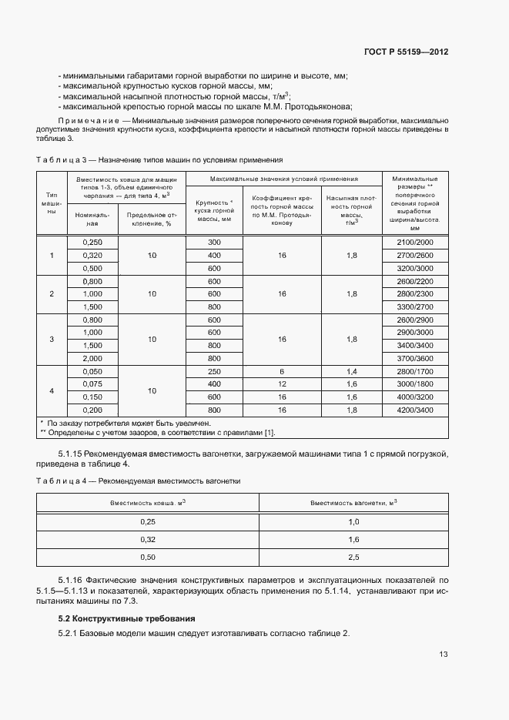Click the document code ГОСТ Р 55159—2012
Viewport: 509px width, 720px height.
(x=407, y=52)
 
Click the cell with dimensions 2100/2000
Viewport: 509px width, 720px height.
(x=415, y=242)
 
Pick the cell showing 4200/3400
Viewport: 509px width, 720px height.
(x=415, y=410)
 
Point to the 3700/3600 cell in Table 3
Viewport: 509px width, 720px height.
(x=415, y=358)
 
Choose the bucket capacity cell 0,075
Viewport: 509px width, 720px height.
(x=92, y=383)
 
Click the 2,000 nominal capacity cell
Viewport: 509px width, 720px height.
(x=92, y=358)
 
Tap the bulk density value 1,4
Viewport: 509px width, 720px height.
(x=352, y=371)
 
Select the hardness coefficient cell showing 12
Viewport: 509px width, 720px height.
(x=282, y=383)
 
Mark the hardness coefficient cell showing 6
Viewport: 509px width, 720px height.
(x=282, y=371)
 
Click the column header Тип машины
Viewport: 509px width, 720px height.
(x=52, y=203)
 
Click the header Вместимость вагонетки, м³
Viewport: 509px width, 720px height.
(x=353, y=503)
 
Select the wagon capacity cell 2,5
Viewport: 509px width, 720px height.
(x=353, y=557)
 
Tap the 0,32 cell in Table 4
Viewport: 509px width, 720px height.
(x=148, y=539)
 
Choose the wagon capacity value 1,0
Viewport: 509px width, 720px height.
(x=353, y=521)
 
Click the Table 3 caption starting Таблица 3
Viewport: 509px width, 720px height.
(x=159, y=159)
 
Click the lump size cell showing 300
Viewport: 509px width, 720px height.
(x=214, y=242)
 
